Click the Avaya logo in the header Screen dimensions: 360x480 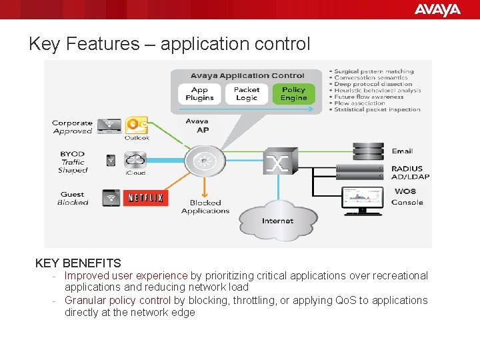coord(437,9)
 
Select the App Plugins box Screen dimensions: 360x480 coord(199,94)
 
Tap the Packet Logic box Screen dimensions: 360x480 coord(246,94)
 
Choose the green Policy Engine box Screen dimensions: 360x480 coord(293,94)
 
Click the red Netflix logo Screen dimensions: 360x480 coord(145,198)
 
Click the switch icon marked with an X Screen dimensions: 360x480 coord(277,162)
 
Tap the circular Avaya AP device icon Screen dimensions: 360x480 coord(201,161)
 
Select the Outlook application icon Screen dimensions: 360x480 coord(137,125)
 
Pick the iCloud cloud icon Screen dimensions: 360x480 coord(135,160)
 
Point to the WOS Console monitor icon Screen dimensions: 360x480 coord(362,199)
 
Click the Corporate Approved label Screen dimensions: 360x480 coord(72,127)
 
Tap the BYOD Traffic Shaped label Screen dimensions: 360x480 coord(73,162)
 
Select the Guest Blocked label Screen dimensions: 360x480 coord(73,198)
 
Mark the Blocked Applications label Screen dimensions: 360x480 coord(205,207)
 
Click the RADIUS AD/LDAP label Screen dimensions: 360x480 coord(411,173)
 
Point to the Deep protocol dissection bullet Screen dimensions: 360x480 coord(373,84)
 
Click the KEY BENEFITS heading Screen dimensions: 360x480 coord(78,263)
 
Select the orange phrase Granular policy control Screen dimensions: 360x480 coord(117,300)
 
